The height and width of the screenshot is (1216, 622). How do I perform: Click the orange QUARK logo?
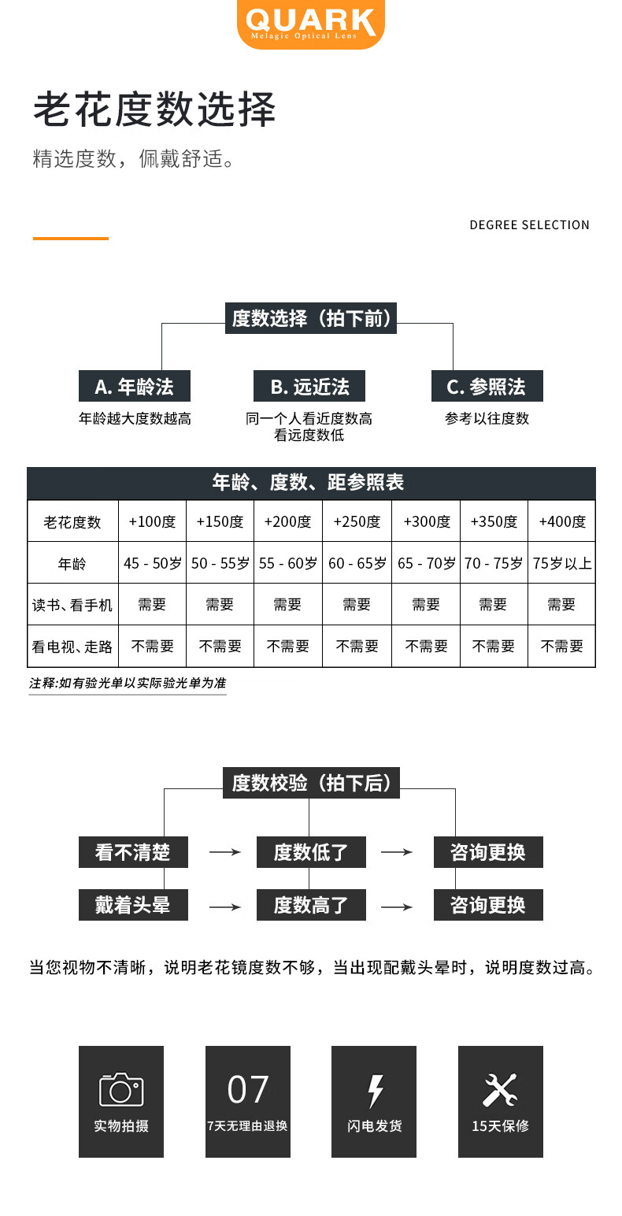(311, 24)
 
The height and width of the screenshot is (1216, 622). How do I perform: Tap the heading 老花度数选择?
(154, 109)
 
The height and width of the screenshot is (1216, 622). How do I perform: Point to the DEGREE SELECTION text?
(529, 225)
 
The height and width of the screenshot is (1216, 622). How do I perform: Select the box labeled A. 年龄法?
(134, 387)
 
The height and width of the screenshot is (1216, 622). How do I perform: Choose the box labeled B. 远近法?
(309, 387)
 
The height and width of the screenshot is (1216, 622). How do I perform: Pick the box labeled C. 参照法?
(486, 387)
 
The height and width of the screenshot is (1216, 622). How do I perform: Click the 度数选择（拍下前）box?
(311, 319)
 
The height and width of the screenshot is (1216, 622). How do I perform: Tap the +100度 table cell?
(152, 521)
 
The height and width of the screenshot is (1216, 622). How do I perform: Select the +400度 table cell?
(562, 521)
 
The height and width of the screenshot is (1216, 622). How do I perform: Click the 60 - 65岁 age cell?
(357, 563)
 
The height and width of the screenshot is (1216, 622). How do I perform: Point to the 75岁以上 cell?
(562, 563)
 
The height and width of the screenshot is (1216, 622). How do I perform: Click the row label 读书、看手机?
(72, 605)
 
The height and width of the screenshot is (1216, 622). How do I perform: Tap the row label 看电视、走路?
(72, 647)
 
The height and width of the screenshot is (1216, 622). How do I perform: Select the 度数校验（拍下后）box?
(311, 784)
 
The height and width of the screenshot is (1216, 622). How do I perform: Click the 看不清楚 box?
(133, 852)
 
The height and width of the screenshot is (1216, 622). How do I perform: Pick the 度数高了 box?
(311, 905)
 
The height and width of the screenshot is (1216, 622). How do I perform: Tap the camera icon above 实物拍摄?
(121, 1090)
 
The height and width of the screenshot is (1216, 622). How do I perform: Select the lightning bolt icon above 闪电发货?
(375, 1091)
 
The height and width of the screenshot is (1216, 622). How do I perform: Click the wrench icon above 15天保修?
(500, 1090)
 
